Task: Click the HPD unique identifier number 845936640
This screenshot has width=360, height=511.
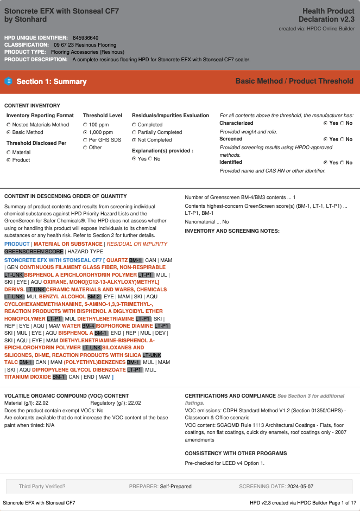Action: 86,37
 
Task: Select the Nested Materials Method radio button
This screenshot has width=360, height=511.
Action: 9,125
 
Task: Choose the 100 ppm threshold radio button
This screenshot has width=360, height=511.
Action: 85,125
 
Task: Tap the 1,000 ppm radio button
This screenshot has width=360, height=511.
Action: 85,132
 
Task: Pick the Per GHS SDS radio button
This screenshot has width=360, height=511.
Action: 85,140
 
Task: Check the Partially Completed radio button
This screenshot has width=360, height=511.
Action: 134,132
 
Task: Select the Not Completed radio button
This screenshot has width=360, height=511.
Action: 134,140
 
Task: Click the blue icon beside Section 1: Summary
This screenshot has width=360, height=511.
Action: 8,81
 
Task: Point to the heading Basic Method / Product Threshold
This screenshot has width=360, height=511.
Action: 294,81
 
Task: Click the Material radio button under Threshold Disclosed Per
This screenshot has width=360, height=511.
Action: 9,152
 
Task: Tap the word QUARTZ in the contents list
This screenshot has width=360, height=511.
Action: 117,260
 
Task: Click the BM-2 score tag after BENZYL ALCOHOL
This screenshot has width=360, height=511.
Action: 94,297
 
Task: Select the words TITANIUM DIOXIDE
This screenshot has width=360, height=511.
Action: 28,377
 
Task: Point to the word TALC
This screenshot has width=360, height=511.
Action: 11,362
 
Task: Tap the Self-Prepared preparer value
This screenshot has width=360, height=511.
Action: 175,487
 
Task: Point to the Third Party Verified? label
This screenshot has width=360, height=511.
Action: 42,487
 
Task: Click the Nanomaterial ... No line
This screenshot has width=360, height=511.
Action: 207,222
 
